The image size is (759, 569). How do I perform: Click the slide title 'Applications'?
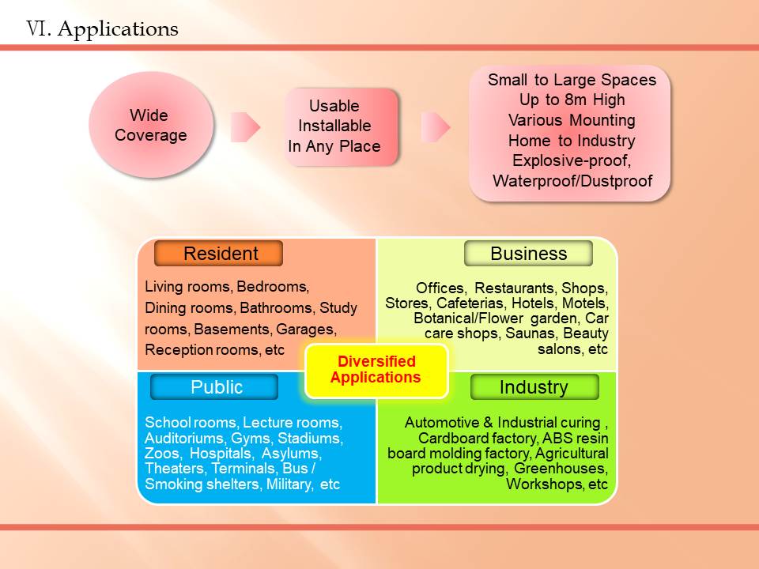coord(118,29)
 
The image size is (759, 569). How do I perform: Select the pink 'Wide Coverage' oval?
coord(151,125)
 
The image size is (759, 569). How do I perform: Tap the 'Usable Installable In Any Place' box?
coord(342,126)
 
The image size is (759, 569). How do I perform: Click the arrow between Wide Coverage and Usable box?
coord(245,127)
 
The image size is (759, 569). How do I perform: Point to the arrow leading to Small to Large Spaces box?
coord(436,127)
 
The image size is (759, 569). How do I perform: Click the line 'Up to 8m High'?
coord(572,100)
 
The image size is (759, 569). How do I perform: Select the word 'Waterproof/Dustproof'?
coord(572,181)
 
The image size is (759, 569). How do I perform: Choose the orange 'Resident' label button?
coord(218,254)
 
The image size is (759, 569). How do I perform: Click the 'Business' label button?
coord(529,254)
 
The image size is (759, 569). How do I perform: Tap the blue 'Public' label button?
coord(214,387)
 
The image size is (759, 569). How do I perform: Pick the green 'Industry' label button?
coord(534,387)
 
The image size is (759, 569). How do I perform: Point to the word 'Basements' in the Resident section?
coord(232,330)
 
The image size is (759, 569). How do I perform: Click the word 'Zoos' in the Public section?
coord(162,454)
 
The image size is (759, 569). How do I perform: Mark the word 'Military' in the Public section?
coord(289,484)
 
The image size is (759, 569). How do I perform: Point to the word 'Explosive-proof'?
coord(571,160)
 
